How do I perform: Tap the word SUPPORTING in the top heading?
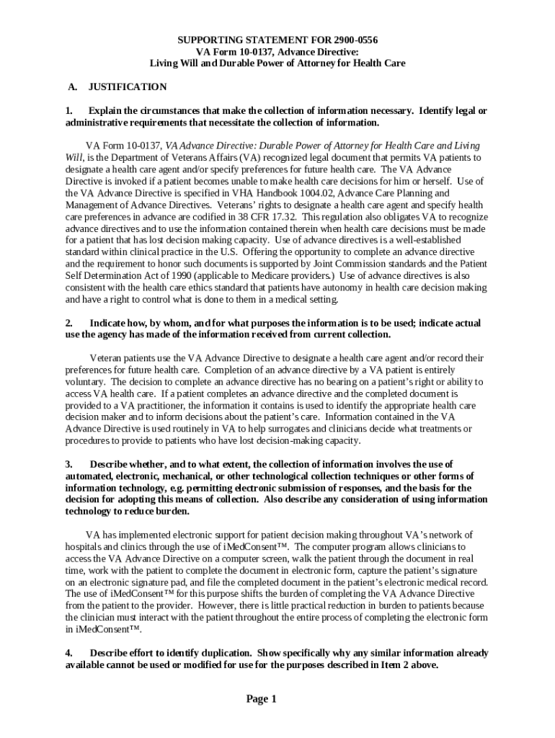coord(205,40)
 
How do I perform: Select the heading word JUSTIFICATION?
coord(128,87)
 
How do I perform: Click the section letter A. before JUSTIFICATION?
coord(72,87)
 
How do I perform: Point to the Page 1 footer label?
coord(261,699)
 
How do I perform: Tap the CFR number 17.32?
coord(283,216)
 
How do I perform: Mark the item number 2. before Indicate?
coord(69,323)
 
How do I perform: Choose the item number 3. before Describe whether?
coord(69,464)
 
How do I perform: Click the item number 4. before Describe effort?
coord(69,653)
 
